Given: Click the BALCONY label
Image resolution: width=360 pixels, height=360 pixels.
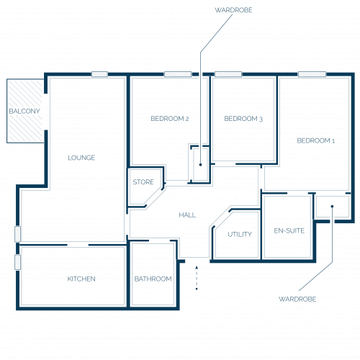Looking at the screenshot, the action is (x=24, y=111).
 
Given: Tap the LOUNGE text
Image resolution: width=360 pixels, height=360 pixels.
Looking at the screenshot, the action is (x=81, y=158).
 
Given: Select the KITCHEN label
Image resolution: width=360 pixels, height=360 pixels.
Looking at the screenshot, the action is (x=81, y=279).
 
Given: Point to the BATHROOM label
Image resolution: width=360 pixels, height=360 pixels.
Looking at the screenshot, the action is (x=153, y=279).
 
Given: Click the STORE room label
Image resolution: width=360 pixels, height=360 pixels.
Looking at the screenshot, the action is (x=143, y=182).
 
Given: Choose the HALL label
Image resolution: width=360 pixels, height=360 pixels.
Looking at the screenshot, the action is (x=187, y=215).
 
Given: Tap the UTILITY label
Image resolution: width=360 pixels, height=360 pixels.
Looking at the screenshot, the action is (x=240, y=234).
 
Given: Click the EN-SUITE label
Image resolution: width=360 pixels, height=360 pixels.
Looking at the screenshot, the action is (x=289, y=230).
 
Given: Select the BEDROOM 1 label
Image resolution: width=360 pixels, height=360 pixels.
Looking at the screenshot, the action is (x=316, y=140).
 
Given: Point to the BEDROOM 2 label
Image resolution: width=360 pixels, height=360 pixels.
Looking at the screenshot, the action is (x=170, y=119).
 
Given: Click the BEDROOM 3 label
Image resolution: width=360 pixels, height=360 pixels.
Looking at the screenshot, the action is (x=243, y=119).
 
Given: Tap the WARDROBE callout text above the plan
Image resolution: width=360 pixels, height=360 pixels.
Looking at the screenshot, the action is (x=233, y=10).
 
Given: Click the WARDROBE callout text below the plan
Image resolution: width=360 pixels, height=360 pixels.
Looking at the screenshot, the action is (x=297, y=299).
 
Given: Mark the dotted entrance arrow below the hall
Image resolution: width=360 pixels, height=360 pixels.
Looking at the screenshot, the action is (x=197, y=278).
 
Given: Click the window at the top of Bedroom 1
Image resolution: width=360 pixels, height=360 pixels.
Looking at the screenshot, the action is (x=312, y=74).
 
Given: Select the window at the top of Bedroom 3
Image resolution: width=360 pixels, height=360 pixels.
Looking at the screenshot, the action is (x=228, y=74).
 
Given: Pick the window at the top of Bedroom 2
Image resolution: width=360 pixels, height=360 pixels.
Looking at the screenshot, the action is (x=178, y=74).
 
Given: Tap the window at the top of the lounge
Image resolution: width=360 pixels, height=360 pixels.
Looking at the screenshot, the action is (x=99, y=74).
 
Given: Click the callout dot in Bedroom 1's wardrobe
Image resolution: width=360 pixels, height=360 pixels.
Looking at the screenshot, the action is (x=333, y=206).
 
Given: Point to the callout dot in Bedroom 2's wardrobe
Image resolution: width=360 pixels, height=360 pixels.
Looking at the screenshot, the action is (x=200, y=165).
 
